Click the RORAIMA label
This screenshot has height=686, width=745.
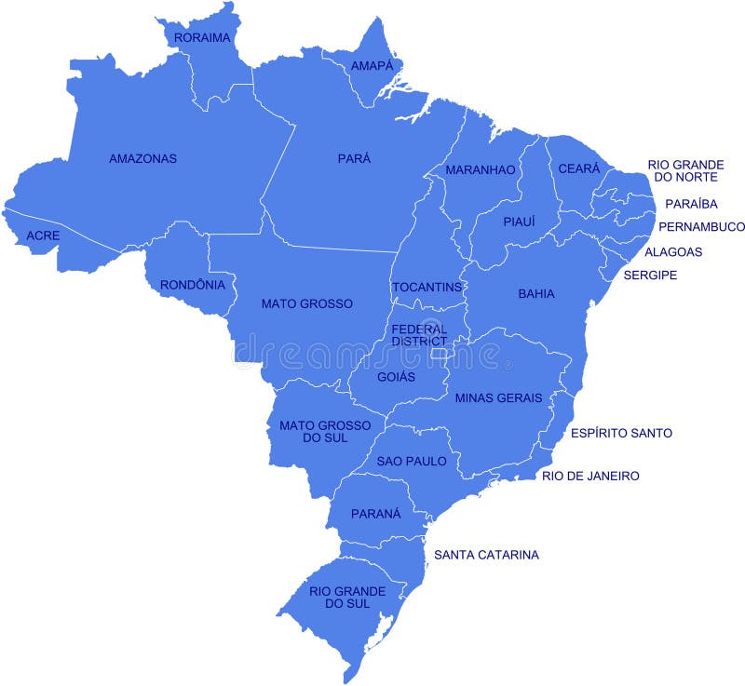point(201,37)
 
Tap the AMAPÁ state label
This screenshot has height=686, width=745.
point(372,66)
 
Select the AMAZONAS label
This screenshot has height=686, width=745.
point(142,158)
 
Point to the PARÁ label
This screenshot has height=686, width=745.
point(354,158)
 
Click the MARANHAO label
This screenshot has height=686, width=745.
point(480,169)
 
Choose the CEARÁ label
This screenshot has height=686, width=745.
point(578,168)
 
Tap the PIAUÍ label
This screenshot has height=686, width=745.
point(520,222)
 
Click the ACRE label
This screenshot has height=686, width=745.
point(43,235)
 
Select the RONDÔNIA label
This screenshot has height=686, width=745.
point(192,285)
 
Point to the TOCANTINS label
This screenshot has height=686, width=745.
point(427,287)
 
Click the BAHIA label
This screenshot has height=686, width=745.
point(536,294)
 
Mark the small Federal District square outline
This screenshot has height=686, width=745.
point(438,353)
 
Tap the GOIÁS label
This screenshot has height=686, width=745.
point(396,377)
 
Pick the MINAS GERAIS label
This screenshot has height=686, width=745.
point(498,397)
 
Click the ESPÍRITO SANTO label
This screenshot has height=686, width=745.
point(621,433)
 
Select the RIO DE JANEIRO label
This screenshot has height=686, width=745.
point(590,476)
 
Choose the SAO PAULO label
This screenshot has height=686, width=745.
point(412,461)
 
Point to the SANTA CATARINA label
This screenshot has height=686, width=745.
point(486,555)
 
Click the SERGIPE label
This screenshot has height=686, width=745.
point(650,275)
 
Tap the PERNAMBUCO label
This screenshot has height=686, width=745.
point(701,226)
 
